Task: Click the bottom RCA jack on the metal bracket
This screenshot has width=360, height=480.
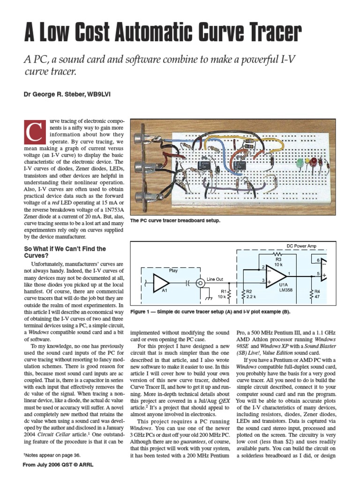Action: point(138,197)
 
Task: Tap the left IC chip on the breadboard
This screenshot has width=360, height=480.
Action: point(203,165)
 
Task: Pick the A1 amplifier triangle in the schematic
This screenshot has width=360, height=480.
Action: point(160,283)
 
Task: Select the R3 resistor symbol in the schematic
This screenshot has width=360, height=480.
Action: point(278,254)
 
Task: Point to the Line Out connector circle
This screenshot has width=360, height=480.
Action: point(200,283)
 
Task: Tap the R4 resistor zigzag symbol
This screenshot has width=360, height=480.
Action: point(312,295)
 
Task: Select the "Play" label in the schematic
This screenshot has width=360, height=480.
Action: point(174,271)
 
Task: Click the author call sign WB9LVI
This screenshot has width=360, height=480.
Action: point(97,95)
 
